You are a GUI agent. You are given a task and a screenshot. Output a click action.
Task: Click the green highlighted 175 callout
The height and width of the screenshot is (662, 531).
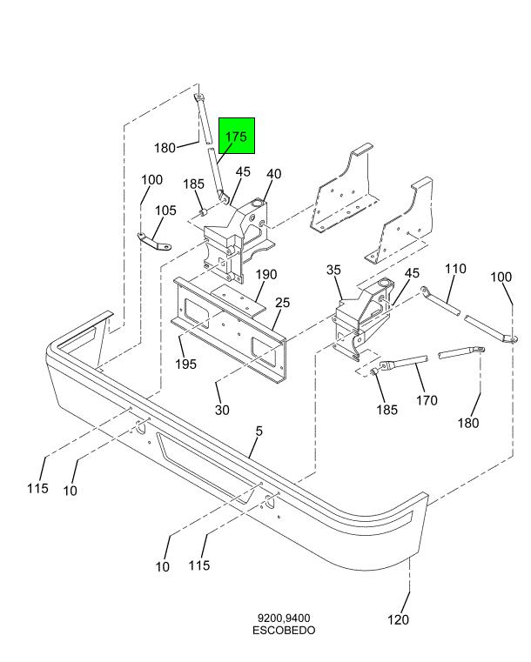(236, 137)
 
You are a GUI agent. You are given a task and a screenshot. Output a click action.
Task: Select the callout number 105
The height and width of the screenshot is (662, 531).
(165, 211)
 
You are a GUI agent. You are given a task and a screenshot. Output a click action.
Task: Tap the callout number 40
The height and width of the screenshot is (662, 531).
(273, 174)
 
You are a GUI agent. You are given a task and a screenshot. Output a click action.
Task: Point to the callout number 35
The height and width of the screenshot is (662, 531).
(333, 271)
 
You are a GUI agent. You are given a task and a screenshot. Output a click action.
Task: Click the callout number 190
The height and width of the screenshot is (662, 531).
(265, 275)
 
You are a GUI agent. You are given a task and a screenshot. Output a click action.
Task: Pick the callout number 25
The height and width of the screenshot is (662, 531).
(282, 303)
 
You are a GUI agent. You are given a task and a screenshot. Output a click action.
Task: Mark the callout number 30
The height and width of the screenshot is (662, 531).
(222, 410)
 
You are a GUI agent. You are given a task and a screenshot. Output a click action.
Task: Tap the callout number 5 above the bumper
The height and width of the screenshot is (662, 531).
(259, 431)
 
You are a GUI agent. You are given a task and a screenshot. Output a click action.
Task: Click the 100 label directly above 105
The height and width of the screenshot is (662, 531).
(151, 180)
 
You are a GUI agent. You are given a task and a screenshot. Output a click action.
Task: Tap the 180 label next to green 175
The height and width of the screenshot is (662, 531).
(165, 147)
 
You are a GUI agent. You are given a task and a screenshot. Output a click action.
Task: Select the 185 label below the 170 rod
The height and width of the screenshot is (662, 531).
(386, 410)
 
